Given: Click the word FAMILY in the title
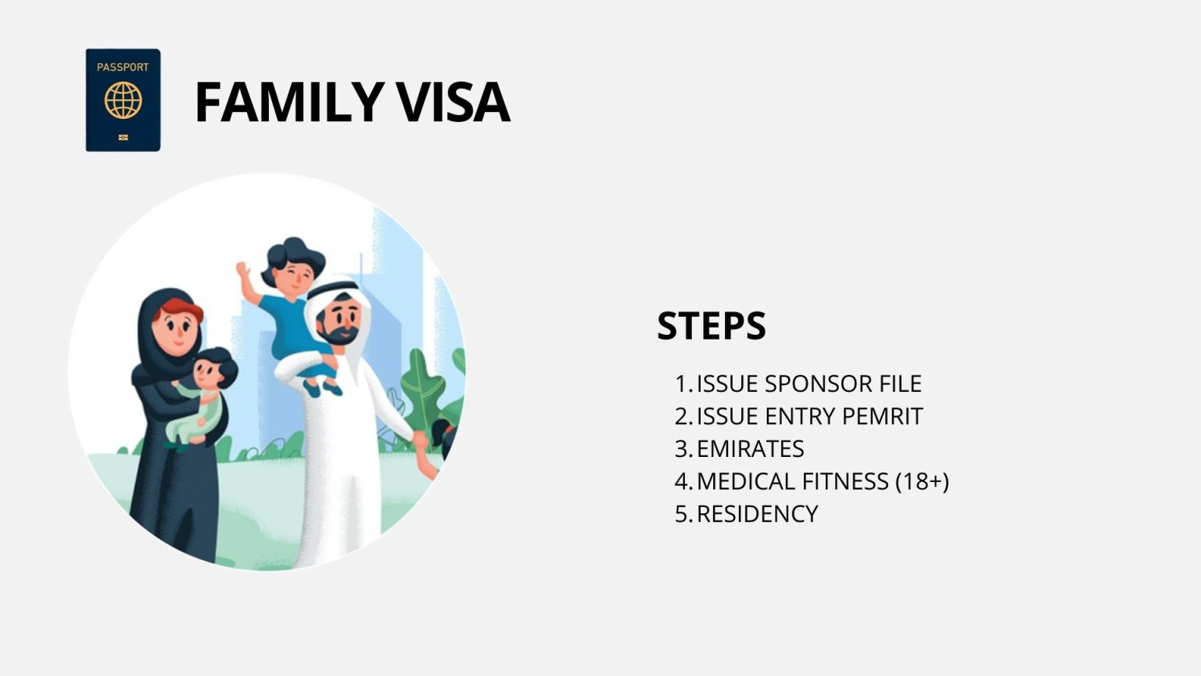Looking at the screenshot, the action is click(289, 102).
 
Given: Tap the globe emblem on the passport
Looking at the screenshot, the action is click(124, 100).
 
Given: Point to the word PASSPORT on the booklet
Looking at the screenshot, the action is click(123, 67).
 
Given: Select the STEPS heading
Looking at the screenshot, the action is click(712, 325).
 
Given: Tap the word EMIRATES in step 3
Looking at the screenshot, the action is click(750, 449).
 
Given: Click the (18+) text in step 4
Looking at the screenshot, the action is click(922, 481).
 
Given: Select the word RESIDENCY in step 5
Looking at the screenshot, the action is click(757, 514).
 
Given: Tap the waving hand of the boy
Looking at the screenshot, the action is click(243, 269).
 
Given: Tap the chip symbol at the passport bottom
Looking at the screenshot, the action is click(124, 138).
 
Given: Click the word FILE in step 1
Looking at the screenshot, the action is click(900, 384).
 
